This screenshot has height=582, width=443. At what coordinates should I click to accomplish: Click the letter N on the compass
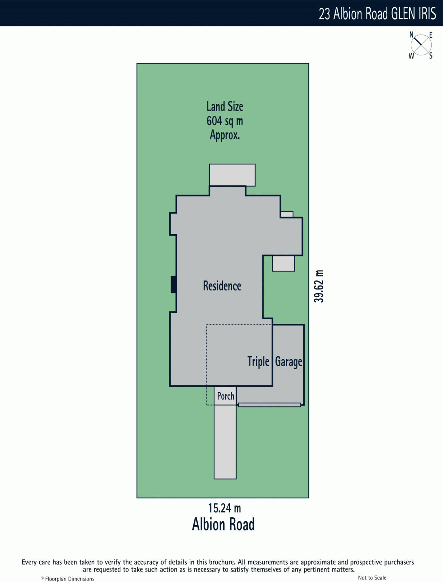click(411, 35)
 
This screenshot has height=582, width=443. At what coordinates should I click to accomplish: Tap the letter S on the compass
click(431, 56)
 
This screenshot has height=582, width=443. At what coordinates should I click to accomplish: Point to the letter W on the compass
click(411, 56)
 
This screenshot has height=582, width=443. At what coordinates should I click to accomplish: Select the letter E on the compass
click(431, 35)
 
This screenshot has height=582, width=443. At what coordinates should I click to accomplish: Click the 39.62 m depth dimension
click(319, 286)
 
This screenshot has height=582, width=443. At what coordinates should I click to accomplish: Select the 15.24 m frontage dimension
click(224, 508)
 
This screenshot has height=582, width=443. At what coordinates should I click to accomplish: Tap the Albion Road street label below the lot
click(223, 525)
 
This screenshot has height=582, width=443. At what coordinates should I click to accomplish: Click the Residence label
click(222, 286)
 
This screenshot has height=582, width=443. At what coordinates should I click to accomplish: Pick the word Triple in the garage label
click(258, 362)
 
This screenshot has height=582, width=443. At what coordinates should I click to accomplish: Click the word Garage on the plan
click(288, 362)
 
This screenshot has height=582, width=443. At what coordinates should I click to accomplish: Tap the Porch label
click(226, 396)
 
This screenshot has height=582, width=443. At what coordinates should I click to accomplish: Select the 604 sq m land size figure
click(225, 121)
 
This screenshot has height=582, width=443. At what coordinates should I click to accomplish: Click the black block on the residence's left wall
click(174, 284)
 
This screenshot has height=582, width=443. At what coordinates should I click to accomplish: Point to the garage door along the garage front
click(269, 405)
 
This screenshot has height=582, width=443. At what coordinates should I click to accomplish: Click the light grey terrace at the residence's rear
click(232, 175)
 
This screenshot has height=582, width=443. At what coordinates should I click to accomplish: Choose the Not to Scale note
click(372, 578)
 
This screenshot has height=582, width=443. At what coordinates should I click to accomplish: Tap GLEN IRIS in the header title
click(414, 14)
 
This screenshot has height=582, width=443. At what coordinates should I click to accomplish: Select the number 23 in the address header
click(324, 14)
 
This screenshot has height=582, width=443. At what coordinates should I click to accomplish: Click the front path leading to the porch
click(225, 442)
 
